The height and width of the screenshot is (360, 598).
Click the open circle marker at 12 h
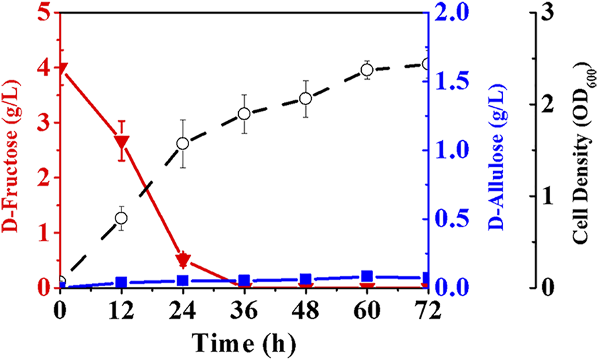point(121,218)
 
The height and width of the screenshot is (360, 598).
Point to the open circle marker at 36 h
point(244,114)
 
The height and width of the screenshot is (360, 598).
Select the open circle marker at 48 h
point(305,98)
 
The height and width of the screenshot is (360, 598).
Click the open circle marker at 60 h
point(366,69)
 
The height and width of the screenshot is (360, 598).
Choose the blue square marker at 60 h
point(366,276)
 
